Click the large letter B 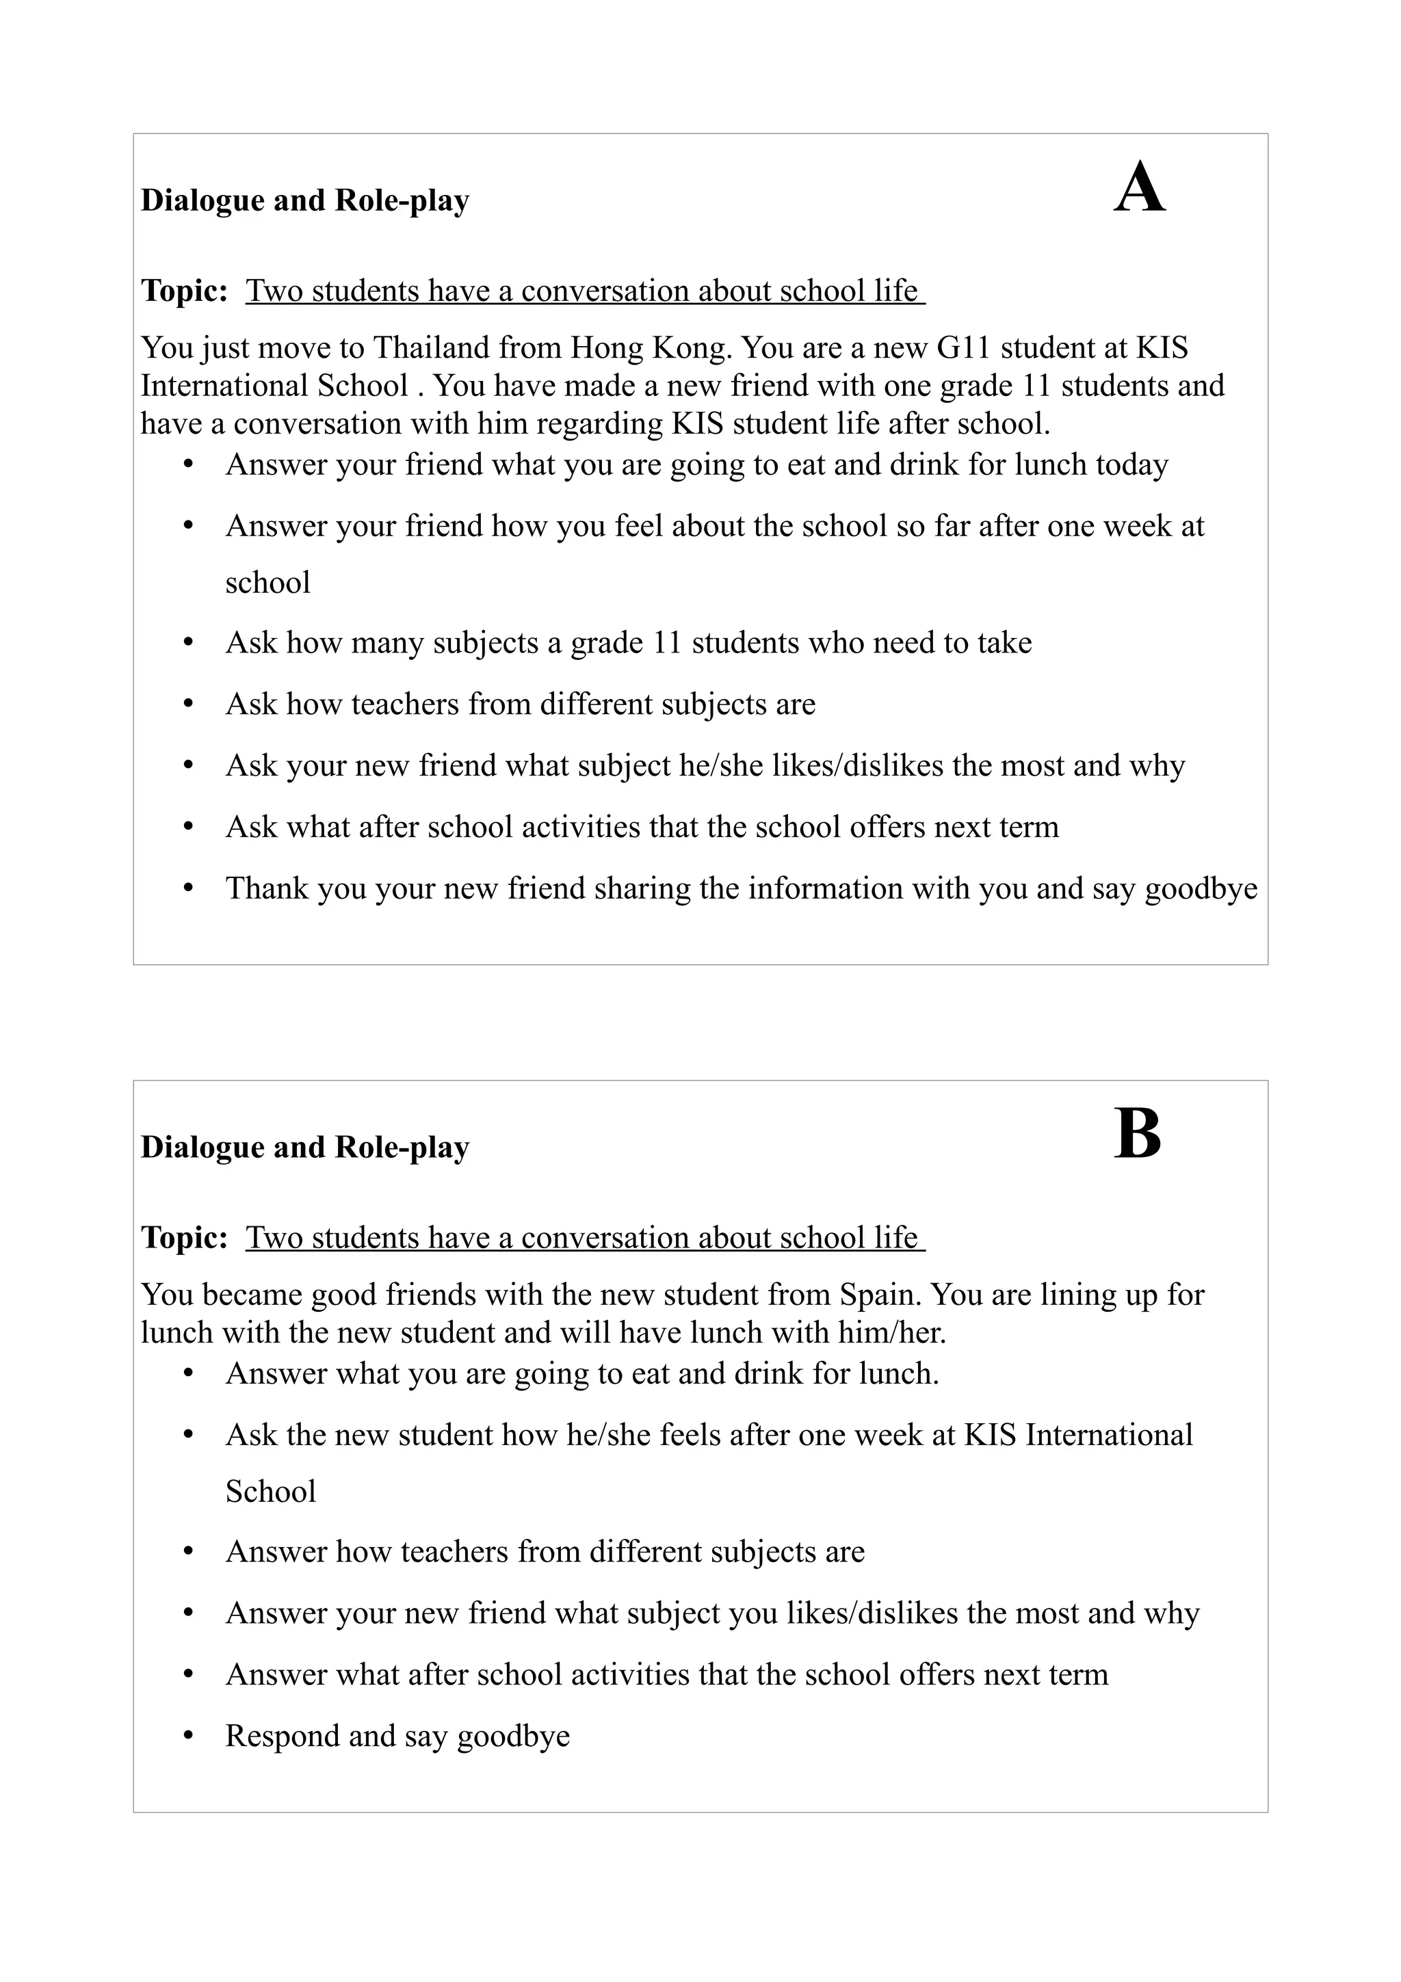(1137, 1135)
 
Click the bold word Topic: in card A (184, 291)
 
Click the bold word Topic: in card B (184, 1238)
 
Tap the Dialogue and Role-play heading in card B (304, 1147)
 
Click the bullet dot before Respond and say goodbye (188, 1736)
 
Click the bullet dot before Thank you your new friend (188, 888)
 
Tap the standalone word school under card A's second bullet (267, 583)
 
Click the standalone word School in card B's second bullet (270, 1492)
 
